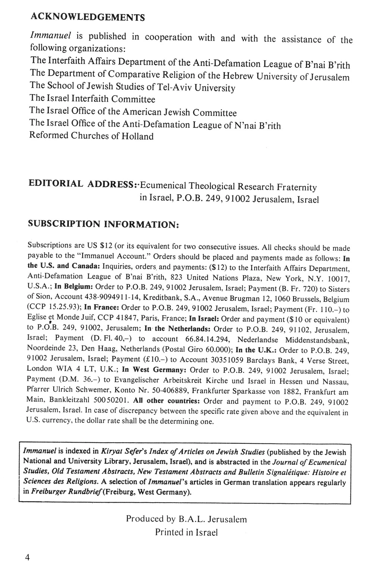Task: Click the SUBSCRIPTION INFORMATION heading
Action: [x=104, y=224]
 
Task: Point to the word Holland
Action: [x=137, y=136]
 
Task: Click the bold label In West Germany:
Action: [x=154, y=370]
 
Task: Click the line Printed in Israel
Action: [x=186, y=532]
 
